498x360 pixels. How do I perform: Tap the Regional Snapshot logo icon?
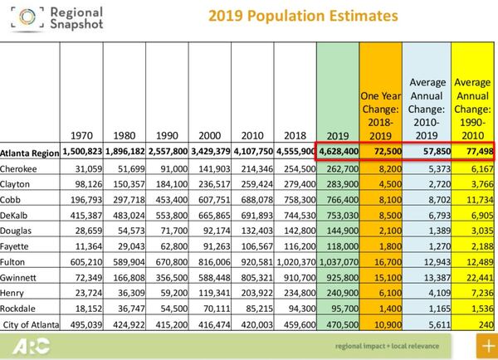pyautogui.click(x=19, y=17)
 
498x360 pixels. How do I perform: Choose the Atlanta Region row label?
pyautogui.click(x=29, y=153)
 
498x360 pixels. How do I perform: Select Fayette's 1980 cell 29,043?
pyautogui.click(x=128, y=239)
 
